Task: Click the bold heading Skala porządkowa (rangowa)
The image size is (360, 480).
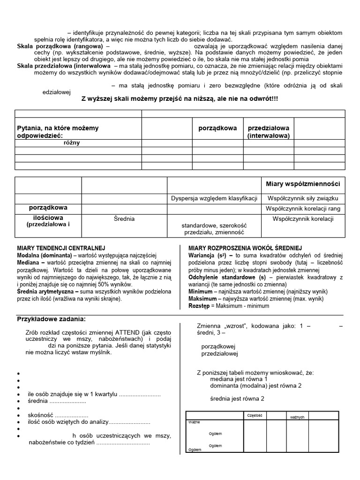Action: point(61,47)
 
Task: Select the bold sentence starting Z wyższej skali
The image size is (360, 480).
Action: point(180,99)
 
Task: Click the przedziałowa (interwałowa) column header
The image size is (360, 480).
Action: point(269,132)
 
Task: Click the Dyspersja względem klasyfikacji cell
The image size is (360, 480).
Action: point(214,199)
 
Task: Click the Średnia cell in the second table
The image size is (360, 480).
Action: point(124,218)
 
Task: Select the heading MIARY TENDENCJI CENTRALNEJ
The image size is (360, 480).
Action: point(61,247)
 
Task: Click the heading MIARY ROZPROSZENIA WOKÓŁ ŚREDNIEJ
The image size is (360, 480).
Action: point(245,247)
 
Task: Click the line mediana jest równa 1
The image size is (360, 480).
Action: point(239,379)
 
